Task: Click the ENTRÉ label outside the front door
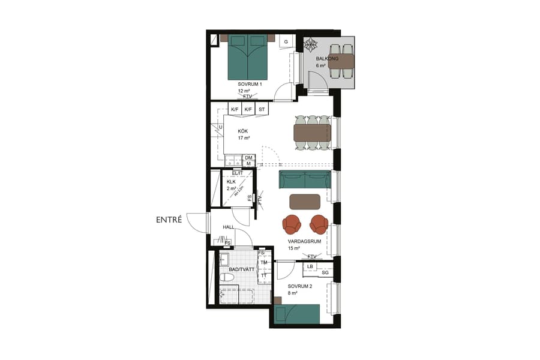coord(169,220)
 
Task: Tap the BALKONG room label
coord(328,59)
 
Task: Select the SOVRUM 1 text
coord(250,85)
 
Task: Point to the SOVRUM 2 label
coord(299,286)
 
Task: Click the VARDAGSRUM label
coord(305,241)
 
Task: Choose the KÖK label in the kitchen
coord(243,131)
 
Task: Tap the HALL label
coord(228,227)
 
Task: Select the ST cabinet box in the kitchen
coord(262,109)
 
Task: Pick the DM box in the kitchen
coord(248,158)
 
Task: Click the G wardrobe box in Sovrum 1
coord(286,41)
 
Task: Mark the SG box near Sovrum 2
coord(325,273)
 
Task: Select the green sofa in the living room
coord(305,179)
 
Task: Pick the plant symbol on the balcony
coord(311,44)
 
